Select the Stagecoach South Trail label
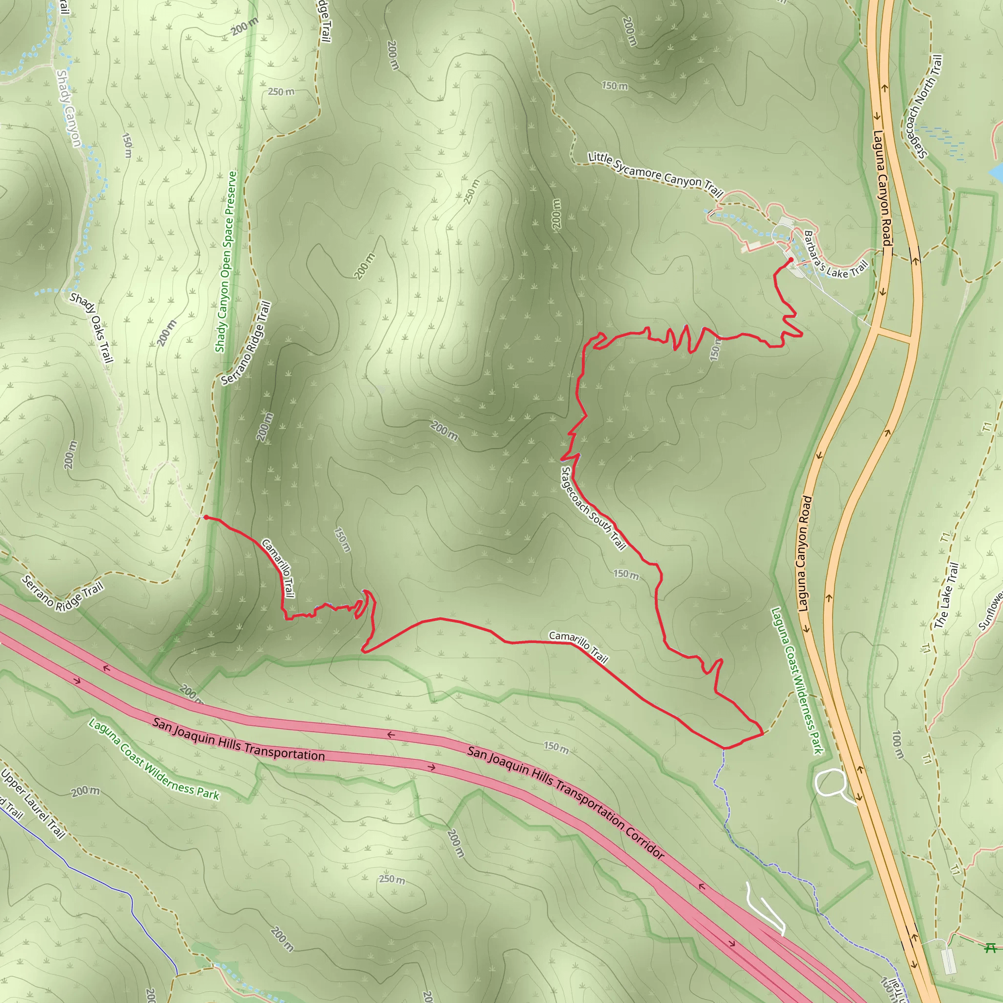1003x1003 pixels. tap(594, 508)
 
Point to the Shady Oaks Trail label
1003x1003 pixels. tap(92, 327)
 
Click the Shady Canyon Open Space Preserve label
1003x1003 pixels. tap(226, 262)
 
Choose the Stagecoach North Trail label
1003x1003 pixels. tap(924, 106)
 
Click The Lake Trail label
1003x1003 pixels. tap(946, 596)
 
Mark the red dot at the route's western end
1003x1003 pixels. tap(206, 517)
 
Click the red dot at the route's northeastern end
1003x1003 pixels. tap(790, 260)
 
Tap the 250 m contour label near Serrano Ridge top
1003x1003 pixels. tap(281, 92)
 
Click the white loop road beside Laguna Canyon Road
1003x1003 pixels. tap(830, 784)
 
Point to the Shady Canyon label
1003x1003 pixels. tap(69, 109)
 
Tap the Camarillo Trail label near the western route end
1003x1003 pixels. tap(278, 568)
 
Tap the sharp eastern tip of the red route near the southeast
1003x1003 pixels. tap(763, 734)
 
